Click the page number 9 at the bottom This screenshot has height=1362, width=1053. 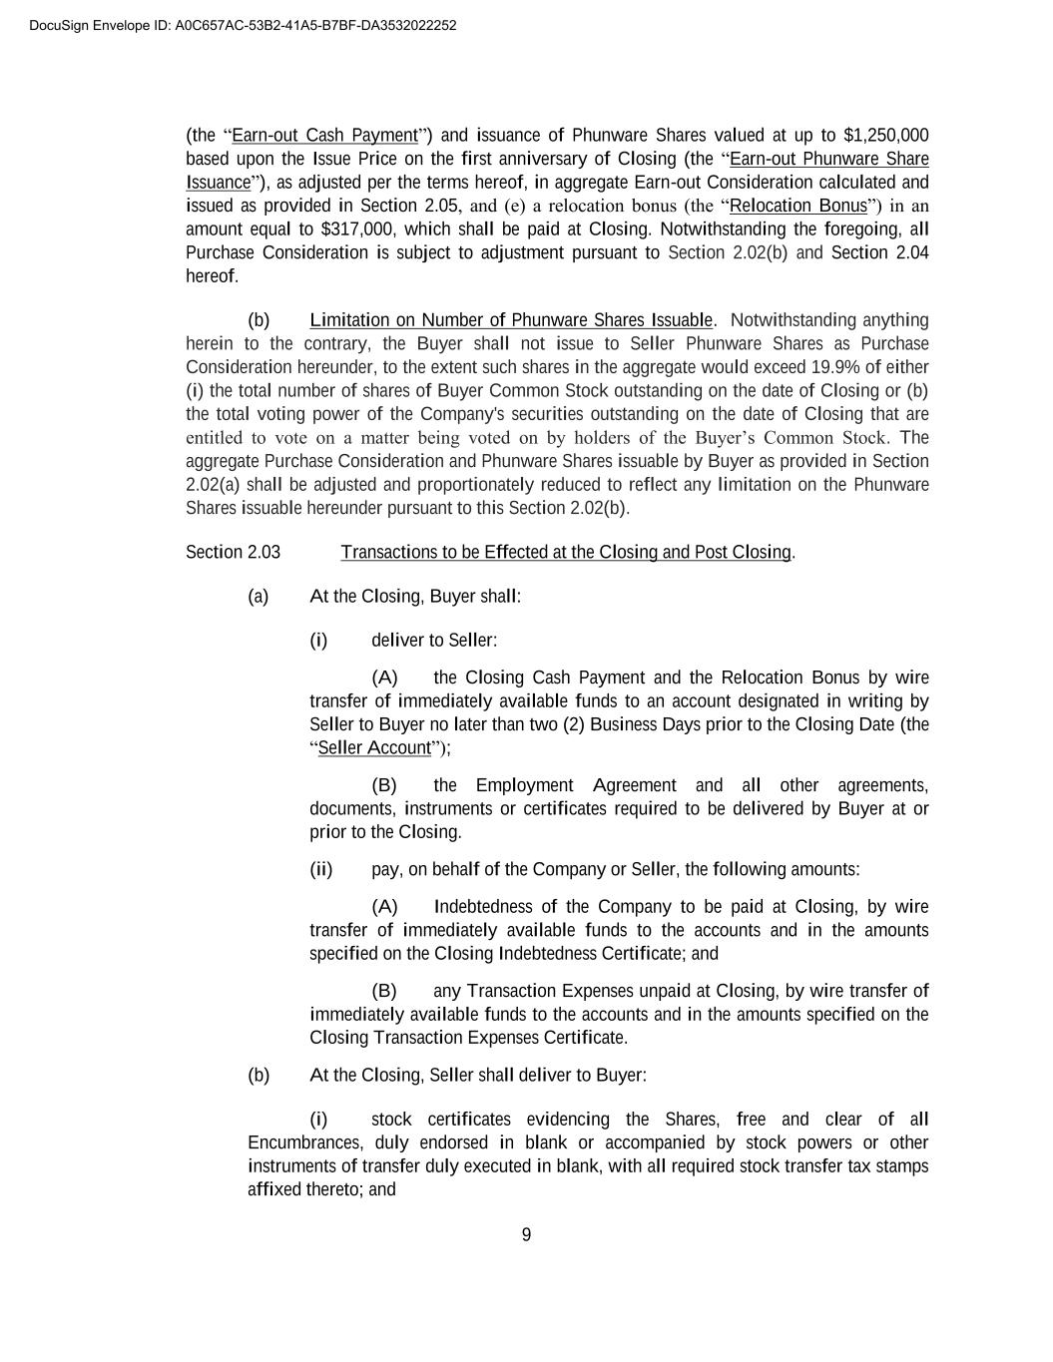coord(526,1235)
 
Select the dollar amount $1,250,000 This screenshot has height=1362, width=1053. coord(885,136)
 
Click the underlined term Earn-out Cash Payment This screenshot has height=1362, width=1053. coord(324,136)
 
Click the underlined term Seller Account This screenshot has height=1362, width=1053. coord(374,748)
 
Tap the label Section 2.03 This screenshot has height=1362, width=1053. coord(233,553)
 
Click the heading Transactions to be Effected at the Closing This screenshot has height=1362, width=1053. coord(566,553)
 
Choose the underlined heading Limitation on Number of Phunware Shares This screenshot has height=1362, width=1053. coord(511,320)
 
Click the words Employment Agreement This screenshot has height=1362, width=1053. coord(575,786)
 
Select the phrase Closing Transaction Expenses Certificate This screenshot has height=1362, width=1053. coord(468,1038)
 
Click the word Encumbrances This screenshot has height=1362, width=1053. coord(304,1143)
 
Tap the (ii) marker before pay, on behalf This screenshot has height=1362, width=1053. coord(321,870)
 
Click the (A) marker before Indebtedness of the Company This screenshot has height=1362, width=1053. coord(384,907)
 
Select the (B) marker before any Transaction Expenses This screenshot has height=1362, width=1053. coord(384,991)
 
